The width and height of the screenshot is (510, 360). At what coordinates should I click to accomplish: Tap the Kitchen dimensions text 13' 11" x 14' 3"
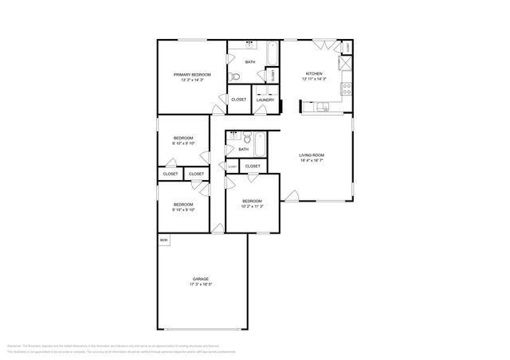click(315, 79)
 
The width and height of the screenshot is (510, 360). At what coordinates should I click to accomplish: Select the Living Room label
click(312, 155)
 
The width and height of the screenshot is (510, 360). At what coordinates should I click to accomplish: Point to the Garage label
click(200, 279)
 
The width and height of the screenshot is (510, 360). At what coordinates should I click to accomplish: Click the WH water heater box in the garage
click(163, 240)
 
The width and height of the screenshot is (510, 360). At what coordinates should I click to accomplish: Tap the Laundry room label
click(265, 100)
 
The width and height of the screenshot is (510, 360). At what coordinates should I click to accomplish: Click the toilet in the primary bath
click(234, 76)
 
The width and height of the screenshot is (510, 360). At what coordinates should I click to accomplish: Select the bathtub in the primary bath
click(272, 54)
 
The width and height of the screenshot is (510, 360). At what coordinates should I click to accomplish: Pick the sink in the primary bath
click(249, 45)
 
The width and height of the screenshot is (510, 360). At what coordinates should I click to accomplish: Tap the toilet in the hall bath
click(248, 136)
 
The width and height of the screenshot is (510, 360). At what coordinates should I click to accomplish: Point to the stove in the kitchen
click(347, 88)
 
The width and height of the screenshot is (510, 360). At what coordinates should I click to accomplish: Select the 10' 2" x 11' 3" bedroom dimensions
click(252, 206)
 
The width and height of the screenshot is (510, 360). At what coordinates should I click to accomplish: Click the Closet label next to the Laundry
click(238, 100)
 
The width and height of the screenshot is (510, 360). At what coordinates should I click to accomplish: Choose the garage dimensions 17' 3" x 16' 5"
click(200, 284)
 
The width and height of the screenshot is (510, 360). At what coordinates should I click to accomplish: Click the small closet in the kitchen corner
click(347, 48)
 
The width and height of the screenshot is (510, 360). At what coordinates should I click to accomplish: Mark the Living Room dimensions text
click(312, 160)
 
